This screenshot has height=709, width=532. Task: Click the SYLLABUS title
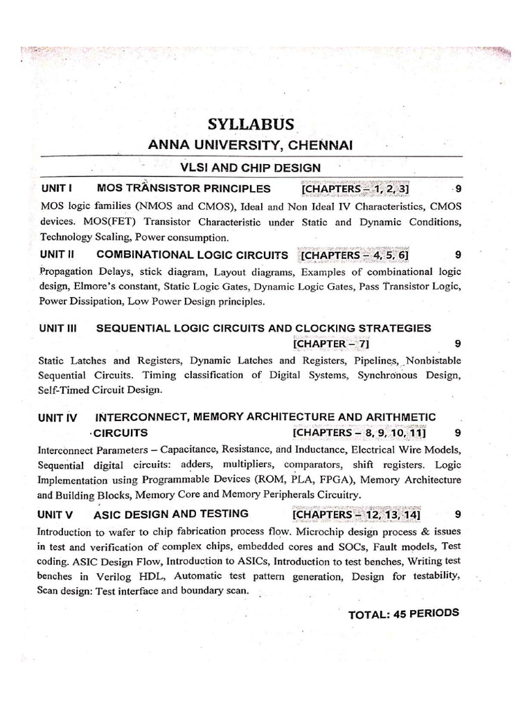point(251,125)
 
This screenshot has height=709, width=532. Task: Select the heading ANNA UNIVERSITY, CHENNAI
point(251,145)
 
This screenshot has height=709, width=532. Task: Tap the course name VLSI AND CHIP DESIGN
point(250,167)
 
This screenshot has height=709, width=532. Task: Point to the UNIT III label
point(61,327)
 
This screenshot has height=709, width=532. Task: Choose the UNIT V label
point(59,514)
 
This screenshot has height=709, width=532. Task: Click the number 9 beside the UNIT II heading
point(457,255)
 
